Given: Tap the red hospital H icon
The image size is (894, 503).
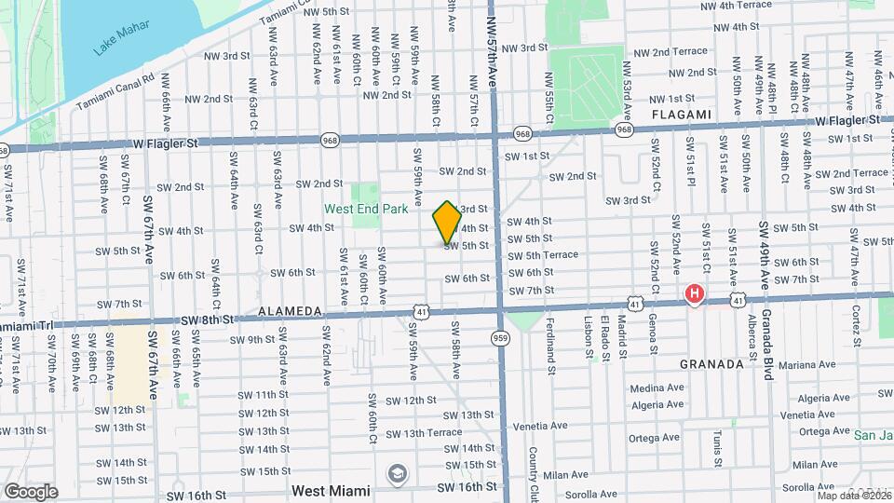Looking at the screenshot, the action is tap(694, 295).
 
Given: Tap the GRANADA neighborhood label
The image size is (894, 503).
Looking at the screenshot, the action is tap(711, 364).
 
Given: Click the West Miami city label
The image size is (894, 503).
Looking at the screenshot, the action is tap(331, 490).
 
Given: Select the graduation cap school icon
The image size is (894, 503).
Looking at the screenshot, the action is tap(398, 474).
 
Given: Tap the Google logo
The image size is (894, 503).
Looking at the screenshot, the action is tap(31, 491).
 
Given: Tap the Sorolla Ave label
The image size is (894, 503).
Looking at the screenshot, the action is tap(593, 494).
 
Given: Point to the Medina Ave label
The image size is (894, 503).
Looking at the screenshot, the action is tap(657, 388).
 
